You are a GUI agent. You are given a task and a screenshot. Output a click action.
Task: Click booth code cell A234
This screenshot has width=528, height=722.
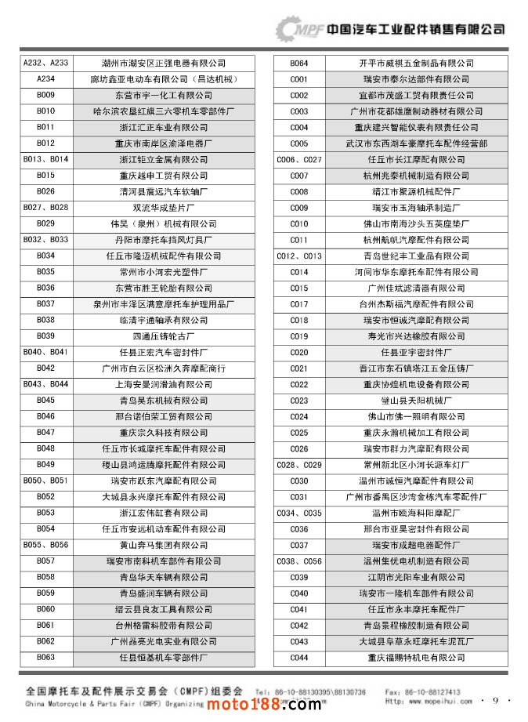click(x=45, y=79)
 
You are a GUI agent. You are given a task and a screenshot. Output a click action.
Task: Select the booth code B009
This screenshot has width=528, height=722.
click(x=45, y=95)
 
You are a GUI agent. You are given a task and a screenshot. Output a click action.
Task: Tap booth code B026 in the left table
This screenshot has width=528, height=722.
click(x=45, y=191)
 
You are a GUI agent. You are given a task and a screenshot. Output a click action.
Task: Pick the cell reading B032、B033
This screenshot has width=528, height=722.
click(x=45, y=240)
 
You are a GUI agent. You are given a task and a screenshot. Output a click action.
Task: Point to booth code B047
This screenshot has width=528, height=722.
click(x=45, y=433)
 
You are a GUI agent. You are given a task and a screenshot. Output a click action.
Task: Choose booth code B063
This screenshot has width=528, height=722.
click(x=45, y=658)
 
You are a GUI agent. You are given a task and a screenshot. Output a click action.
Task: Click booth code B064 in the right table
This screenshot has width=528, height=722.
click(x=299, y=63)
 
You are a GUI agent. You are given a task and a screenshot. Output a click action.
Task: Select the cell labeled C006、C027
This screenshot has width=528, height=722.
click(x=299, y=159)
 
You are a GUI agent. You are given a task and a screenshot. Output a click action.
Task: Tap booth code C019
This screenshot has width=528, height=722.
click(x=299, y=336)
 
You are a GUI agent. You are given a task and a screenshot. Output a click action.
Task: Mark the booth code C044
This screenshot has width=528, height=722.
click(x=299, y=658)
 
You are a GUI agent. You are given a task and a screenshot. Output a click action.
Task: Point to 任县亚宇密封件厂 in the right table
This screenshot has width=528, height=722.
click(x=416, y=353)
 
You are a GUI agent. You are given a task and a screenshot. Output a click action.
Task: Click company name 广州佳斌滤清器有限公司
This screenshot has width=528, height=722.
click(x=416, y=288)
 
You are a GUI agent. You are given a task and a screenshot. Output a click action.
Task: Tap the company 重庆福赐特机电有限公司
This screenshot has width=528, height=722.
click(x=416, y=658)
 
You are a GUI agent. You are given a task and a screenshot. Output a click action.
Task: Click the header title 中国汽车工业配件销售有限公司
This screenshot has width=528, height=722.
click(x=416, y=29)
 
